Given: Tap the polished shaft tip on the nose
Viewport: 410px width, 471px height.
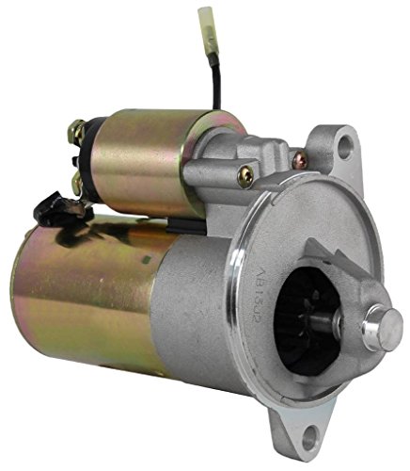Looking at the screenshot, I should click(x=384, y=326).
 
